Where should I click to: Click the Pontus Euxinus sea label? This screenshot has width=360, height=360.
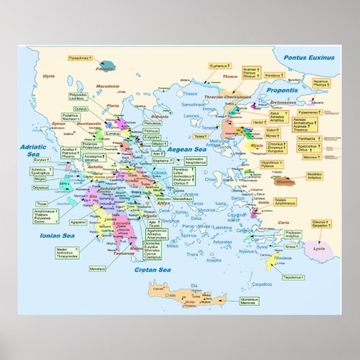(310, 58)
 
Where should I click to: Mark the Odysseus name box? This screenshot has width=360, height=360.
(40, 187)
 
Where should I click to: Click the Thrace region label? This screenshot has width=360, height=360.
(230, 77)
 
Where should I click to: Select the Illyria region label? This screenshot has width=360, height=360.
(48, 76)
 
